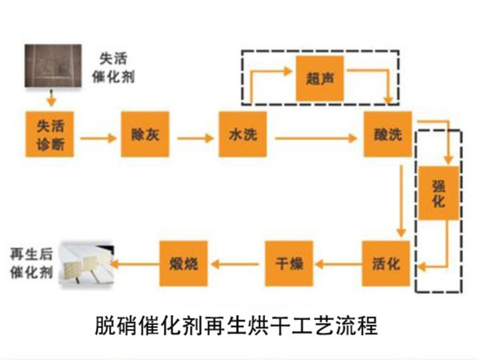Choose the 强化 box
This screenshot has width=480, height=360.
(438, 193)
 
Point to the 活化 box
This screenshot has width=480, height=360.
(386, 262)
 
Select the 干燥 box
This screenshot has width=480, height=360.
(289, 262)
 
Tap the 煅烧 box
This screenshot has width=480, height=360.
(183, 262)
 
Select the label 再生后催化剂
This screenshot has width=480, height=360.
(29, 262)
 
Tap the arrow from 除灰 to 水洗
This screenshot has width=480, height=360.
(194, 138)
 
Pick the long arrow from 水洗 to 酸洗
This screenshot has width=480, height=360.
(315, 138)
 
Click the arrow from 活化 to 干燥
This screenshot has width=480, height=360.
(338, 262)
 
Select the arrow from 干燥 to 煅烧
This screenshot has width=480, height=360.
(236, 262)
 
